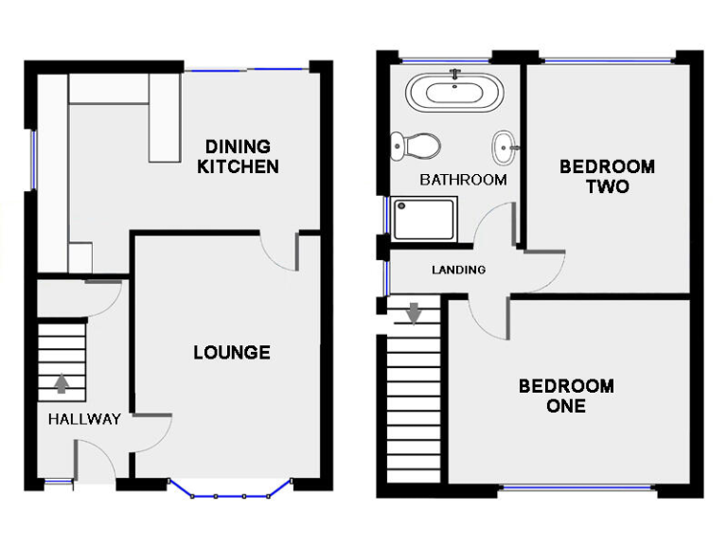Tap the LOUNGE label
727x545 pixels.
click(x=232, y=353)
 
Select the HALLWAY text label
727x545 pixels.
click(x=84, y=419)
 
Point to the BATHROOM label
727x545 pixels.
click(x=463, y=180)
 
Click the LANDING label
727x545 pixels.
click(x=458, y=270)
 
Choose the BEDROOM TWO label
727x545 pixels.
click(x=607, y=177)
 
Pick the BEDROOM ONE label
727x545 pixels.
click(x=566, y=396)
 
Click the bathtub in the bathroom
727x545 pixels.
click(x=456, y=93)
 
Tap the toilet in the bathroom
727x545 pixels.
click(x=416, y=146)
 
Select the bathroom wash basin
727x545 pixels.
click(x=505, y=147)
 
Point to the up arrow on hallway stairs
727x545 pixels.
click(x=62, y=383)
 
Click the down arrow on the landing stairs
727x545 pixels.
click(x=414, y=312)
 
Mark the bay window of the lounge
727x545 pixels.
click(x=229, y=493)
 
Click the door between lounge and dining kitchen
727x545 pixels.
click(x=280, y=253)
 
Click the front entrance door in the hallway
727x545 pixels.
click(x=96, y=464)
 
